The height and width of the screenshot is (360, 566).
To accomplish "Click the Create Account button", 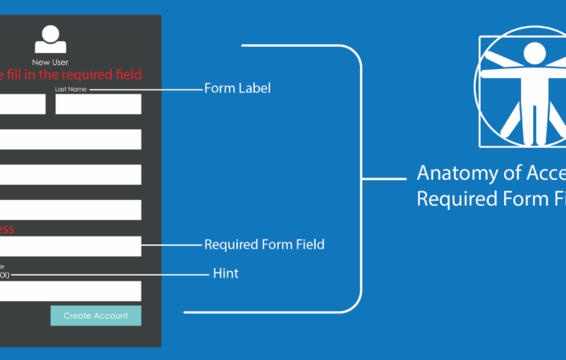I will (96, 316).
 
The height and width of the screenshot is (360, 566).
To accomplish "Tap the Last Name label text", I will (70, 89).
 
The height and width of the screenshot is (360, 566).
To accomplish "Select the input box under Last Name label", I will (98, 104).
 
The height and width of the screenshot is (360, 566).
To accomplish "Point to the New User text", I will (50, 62).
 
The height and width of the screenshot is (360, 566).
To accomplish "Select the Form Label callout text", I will (237, 88).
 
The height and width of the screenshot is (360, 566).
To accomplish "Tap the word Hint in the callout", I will (225, 274).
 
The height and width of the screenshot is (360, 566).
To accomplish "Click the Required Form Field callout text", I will (265, 243).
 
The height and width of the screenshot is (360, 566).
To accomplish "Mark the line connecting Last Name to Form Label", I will (145, 89).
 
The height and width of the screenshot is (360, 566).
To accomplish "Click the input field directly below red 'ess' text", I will (71, 246).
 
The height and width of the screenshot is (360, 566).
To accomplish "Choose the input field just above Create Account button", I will (71, 291).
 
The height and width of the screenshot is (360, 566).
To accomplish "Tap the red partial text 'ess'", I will (6, 229).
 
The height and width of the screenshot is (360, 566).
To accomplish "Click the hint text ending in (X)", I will (4, 275).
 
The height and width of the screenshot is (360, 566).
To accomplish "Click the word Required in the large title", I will (453, 198).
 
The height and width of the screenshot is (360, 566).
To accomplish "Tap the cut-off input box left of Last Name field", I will (23, 104).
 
